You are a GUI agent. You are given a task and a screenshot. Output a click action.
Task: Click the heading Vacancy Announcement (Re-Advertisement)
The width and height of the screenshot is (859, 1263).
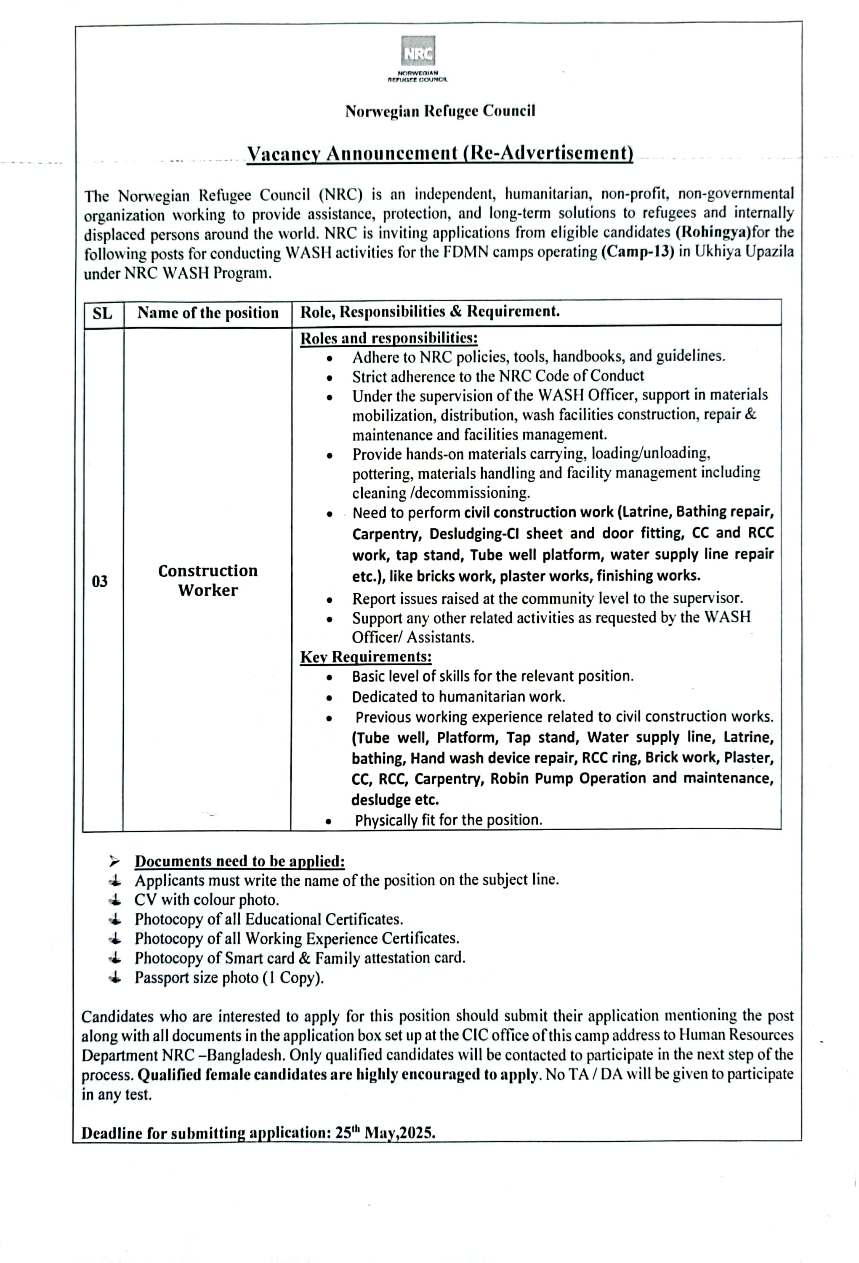click(439, 153)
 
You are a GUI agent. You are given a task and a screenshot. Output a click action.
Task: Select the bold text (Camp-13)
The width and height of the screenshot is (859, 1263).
click(637, 253)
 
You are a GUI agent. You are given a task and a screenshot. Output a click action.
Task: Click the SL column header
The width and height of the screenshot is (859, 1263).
click(103, 314)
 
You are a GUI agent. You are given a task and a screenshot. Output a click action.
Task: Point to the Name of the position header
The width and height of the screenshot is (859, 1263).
click(207, 313)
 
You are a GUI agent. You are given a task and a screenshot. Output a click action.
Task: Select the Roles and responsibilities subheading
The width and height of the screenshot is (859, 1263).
click(388, 338)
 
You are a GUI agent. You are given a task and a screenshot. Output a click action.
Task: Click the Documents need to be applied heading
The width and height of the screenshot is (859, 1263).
click(239, 861)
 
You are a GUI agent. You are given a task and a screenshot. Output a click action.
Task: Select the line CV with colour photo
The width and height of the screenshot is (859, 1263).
click(207, 900)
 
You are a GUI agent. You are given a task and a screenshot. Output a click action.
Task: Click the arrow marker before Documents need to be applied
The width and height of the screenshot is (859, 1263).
click(114, 861)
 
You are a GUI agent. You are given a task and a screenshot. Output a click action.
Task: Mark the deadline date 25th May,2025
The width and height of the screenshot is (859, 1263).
click(385, 1133)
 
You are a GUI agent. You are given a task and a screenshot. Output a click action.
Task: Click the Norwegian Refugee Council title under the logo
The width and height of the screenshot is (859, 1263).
click(439, 112)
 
